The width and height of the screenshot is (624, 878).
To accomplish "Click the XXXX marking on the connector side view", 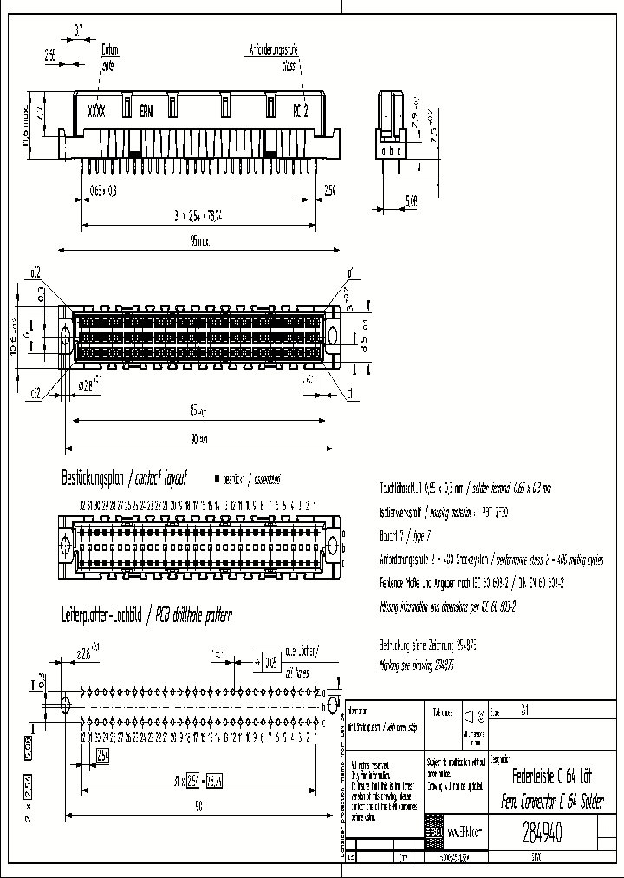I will [x=96, y=111].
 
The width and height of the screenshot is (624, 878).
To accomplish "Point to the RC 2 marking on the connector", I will [x=299, y=111].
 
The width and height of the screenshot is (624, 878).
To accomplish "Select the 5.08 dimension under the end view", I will [x=410, y=200].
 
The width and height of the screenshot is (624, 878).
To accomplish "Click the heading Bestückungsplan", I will [x=92, y=478].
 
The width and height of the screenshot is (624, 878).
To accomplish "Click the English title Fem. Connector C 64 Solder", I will [x=552, y=799].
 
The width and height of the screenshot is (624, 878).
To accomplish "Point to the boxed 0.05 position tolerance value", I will [x=271, y=662].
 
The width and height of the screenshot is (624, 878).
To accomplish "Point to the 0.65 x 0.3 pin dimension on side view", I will [x=103, y=189].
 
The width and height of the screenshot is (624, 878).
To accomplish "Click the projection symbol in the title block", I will [x=472, y=716].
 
